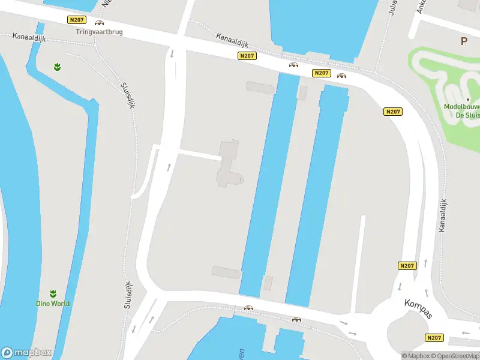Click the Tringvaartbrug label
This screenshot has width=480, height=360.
[100, 32]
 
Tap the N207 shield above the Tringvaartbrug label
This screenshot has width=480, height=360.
[76, 20]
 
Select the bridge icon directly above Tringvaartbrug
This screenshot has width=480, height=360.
[99, 23]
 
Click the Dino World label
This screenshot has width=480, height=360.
[52, 304]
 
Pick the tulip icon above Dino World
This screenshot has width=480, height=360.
[52, 293]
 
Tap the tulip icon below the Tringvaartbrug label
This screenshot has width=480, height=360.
[57, 67]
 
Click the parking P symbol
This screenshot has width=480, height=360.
[463, 41]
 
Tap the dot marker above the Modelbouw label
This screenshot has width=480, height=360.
[467, 99]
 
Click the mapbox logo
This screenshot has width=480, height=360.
[26, 353]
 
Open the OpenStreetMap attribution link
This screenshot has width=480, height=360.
[455, 356]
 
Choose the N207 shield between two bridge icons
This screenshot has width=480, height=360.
[321, 73]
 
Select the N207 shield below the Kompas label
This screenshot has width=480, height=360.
[433, 338]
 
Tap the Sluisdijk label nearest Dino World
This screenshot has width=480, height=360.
[128, 294]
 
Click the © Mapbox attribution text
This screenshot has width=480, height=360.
[415, 356]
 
